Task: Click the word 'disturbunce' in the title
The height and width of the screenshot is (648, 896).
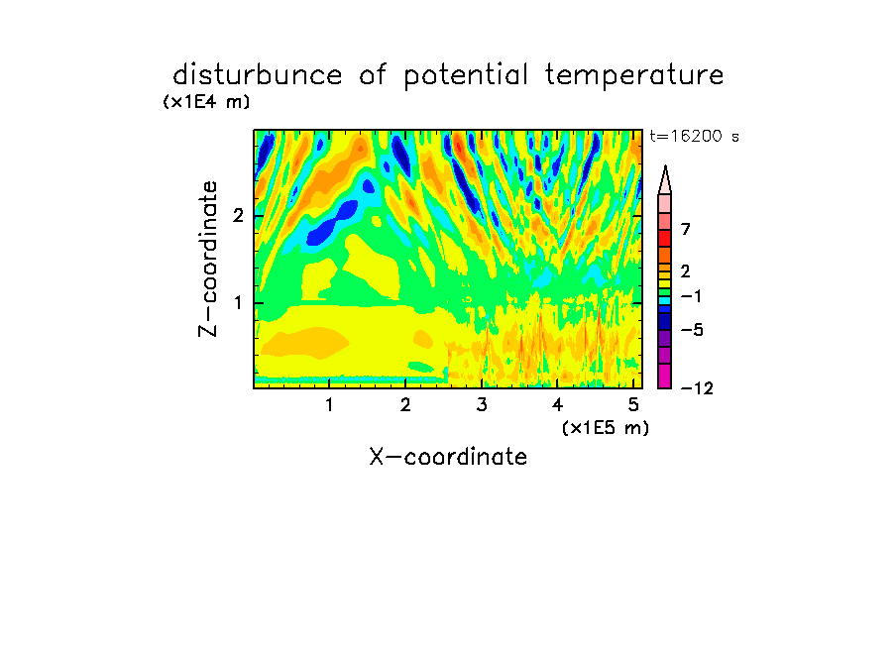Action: [257, 75]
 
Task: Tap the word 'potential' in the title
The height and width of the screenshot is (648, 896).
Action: [465, 76]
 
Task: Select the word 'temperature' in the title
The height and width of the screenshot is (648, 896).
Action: [633, 76]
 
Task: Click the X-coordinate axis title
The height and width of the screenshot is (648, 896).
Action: [448, 457]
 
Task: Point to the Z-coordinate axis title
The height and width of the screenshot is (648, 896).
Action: [207, 259]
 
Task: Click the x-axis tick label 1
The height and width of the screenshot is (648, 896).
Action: [329, 405]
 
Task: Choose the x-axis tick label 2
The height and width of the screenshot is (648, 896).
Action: [405, 405]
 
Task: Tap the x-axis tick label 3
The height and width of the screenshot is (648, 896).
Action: [482, 405]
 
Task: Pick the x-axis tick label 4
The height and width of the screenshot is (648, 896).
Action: [557, 405]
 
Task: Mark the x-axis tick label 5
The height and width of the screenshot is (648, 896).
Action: [633, 405]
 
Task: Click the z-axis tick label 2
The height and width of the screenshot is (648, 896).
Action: [238, 215]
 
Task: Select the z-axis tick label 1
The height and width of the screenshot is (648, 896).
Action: [238, 302]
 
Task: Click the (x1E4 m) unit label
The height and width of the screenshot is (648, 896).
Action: [206, 102]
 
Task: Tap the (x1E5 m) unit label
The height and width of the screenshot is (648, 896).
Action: [606, 428]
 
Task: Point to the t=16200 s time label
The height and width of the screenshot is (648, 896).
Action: [694, 137]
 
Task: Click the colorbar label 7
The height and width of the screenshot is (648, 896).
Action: [686, 229]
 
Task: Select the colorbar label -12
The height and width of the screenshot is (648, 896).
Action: [697, 388]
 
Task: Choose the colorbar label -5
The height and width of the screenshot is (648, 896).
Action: [692, 330]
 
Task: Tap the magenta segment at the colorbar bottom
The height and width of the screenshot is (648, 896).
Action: [665, 376]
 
